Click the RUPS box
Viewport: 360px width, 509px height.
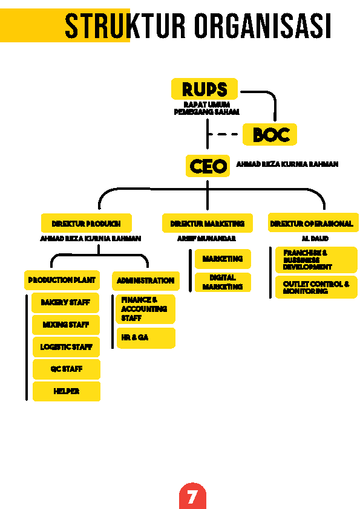[205, 89]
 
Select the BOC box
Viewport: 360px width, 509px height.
[270, 134]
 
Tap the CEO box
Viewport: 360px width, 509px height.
[208, 166]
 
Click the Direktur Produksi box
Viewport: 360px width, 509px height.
[87, 223]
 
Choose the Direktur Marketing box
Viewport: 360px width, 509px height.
[208, 223]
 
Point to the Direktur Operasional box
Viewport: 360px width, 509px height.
[313, 223]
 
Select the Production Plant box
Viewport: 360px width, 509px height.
[62, 280]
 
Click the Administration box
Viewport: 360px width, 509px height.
[146, 280]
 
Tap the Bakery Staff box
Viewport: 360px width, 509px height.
[65, 302]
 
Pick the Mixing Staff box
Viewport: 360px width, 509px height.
[66, 325]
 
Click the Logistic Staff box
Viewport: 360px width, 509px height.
[67, 347]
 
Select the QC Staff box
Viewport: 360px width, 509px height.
[67, 369]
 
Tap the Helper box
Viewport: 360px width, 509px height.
[67, 391]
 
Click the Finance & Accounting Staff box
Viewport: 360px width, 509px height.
[145, 309]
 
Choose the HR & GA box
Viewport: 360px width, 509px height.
[146, 338]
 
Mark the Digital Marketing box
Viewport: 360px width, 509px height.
[223, 282]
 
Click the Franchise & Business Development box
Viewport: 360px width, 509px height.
[316, 260]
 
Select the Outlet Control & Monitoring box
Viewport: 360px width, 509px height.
[316, 287]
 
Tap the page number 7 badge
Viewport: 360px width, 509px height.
[192, 496]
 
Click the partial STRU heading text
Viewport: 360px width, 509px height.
[97, 26]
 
